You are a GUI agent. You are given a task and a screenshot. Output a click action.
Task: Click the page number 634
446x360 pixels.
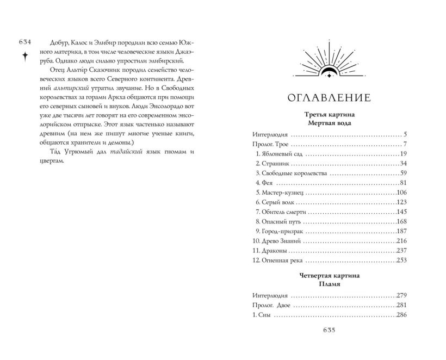point(26,42)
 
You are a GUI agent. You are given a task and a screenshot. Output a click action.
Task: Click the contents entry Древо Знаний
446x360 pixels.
point(280,240)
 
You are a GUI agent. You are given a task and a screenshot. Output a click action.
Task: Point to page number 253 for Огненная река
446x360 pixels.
point(402,260)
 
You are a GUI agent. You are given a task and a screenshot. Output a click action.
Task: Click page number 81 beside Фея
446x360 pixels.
point(404,183)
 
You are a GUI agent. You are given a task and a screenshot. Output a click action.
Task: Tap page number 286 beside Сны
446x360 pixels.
point(402,315)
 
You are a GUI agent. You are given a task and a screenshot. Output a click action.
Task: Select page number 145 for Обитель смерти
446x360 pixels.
point(402,212)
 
